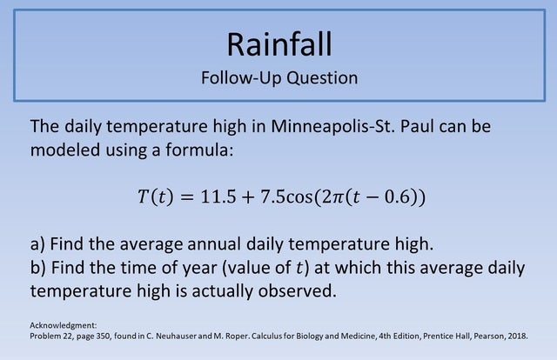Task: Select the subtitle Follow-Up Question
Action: point(278,77)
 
